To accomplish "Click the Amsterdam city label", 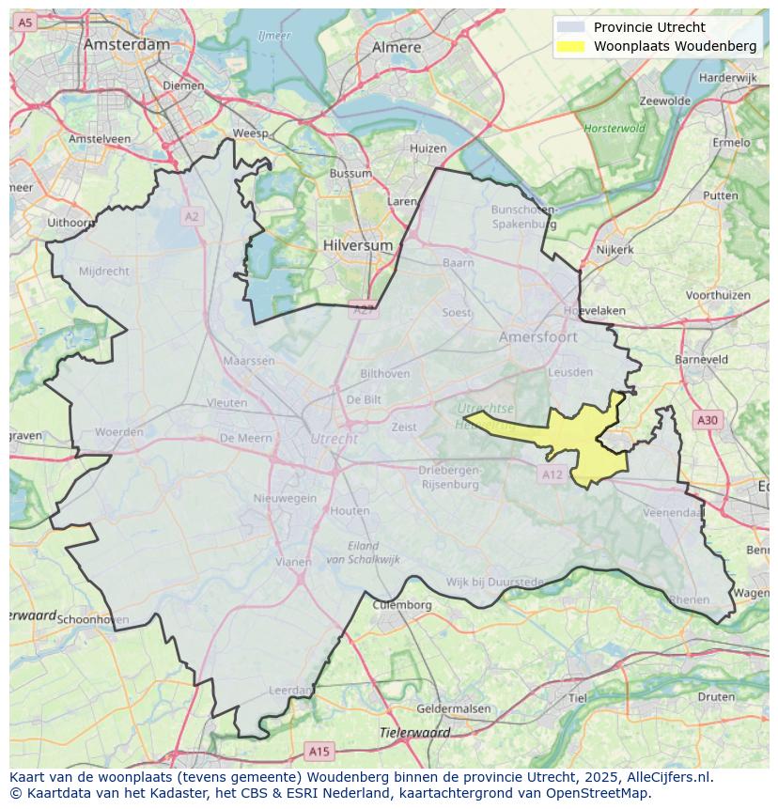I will click(127, 44).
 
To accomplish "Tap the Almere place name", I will click(397, 47).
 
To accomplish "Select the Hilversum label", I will click(358, 244).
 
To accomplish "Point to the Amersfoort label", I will click(538, 336).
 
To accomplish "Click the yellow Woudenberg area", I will click(592, 442).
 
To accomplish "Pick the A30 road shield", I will click(707, 420).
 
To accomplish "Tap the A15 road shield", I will click(319, 751).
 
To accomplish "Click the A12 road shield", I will click(552, 475).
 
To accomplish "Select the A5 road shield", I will click(25, 22).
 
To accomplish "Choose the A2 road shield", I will click(192, 216).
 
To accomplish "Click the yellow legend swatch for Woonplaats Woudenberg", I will click(569, 46).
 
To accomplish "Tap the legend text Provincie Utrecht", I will click(649, 27).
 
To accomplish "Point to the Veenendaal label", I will click(673, 513).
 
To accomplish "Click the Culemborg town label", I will click(402, 605).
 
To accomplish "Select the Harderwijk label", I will click(727, 77).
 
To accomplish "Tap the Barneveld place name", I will click(701, 359).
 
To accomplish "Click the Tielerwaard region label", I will click(414, 732).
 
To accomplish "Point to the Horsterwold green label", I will click(615, 128).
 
